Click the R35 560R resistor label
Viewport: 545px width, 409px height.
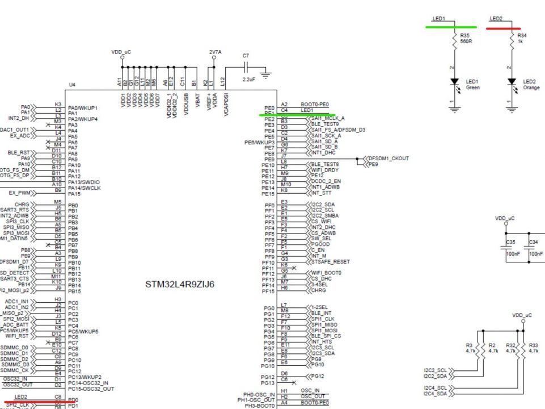coord(467,41)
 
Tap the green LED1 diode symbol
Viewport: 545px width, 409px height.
coord(454,84)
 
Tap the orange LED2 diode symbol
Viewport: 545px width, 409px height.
coord(513,84)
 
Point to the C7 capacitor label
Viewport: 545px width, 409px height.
coord(246,56)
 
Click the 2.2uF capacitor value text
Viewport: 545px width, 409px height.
coord(248,79)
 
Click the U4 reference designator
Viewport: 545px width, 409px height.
coord(71,85)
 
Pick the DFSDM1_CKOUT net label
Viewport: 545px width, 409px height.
coord(388,158)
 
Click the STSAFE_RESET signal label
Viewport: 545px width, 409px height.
coord(330,262)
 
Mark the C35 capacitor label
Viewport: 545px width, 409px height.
coord(509,241)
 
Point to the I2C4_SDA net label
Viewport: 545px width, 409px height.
coord(434,394)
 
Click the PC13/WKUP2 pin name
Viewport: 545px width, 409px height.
coord(85,377)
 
